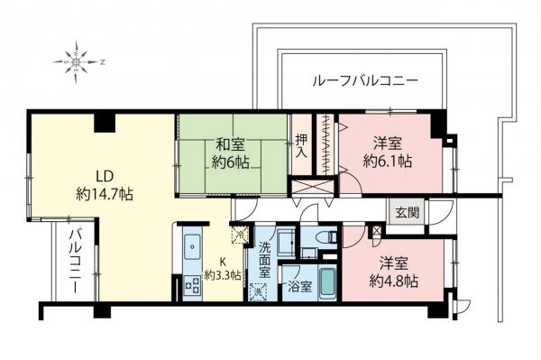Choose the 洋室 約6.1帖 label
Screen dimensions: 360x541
(x=389, y=152)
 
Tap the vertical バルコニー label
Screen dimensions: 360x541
(x=71, y=262)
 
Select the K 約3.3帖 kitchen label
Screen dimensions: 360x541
(x=222, y=269)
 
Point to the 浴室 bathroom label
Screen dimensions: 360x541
(x=298, y=289)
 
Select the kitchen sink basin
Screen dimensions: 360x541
(x=192, y=245)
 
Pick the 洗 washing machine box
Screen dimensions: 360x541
(x=260, y=291)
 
